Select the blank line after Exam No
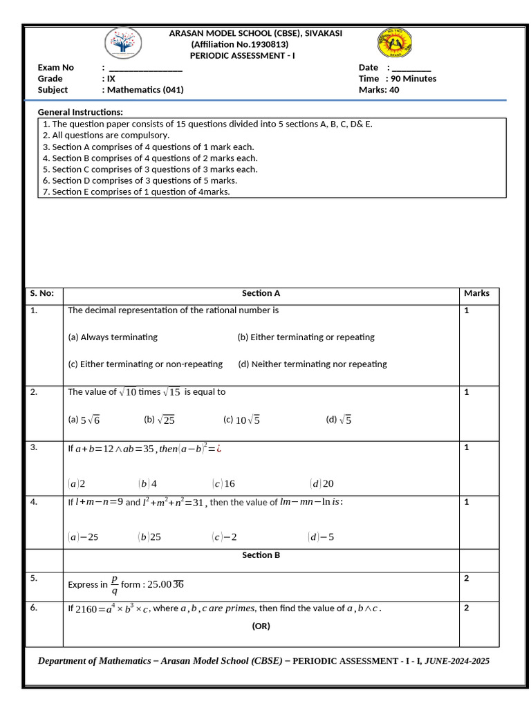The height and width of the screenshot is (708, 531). point(146,68)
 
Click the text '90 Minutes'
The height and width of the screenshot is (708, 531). point(414,79)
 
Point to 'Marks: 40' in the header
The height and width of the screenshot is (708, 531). point(379,90)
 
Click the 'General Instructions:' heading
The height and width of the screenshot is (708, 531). point(80,112)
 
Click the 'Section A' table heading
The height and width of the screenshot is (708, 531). point(261,294)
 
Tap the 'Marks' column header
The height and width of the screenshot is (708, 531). point(476,294)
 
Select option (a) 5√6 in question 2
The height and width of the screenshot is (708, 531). point(84,420)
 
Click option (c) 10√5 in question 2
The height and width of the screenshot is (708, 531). point(241,420)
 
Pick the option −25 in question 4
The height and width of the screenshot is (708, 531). point(84,537)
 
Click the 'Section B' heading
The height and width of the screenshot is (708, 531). point(261,555)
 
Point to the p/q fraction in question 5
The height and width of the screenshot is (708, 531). point(115,585)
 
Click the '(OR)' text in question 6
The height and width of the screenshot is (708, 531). point(261,626)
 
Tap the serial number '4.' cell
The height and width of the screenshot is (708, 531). point(34,503)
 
